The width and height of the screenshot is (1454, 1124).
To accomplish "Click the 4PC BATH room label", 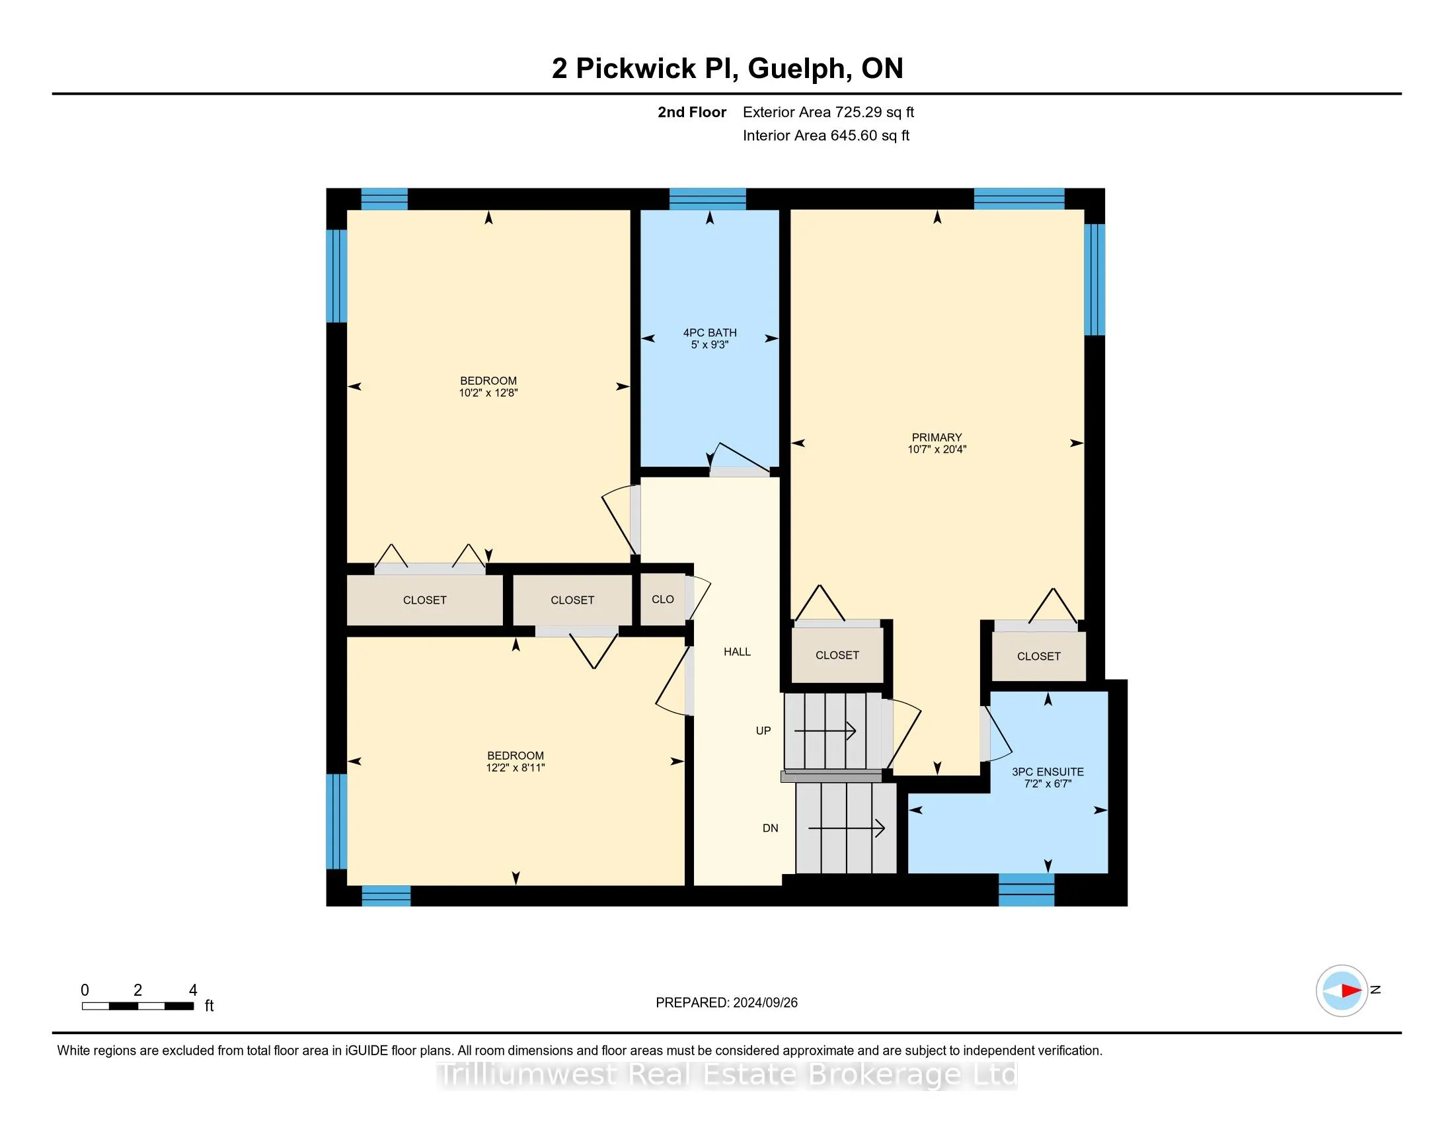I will [x=710, y=333].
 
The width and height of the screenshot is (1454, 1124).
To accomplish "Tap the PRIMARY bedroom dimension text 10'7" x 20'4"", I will [x=937, y=450].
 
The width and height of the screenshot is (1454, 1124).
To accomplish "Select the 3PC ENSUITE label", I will [x=1048, y=772].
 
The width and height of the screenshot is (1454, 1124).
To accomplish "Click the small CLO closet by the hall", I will [x=662, y=599].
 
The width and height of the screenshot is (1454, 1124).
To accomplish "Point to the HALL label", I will [x=737, y=652].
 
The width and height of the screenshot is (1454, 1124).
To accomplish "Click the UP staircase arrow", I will [x=825, y=731].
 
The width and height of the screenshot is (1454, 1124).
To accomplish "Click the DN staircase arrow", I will [x=845, y=828].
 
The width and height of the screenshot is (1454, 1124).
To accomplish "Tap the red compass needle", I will [x=1350, y=990].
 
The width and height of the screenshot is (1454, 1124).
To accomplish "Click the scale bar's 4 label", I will [x=193, y=990].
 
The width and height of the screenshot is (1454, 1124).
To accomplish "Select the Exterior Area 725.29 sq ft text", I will [x=828, y=112].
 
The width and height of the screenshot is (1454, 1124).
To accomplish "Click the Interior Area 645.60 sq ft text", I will [x=825, y=136].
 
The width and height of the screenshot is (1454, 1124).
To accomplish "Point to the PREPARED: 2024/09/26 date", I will [x=726, y=1003].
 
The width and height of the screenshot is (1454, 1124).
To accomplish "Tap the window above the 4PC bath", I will [x=707, y=198].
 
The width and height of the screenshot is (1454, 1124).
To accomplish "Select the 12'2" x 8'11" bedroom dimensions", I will [x=516, y=768].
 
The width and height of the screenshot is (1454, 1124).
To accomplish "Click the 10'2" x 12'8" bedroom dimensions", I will [x=488, y=393].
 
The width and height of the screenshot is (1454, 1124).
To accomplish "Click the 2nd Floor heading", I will [x=692, y=112].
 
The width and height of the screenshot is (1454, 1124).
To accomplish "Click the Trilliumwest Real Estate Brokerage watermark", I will [x=726, y=1074].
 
